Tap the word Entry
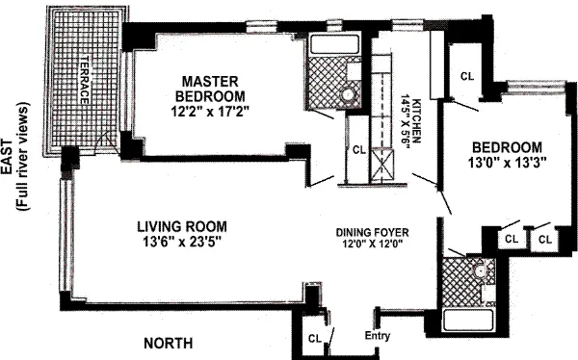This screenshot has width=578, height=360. click(x=378, y=335)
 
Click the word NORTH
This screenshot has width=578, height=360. click(x=169, y=343)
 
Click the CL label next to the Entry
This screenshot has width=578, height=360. click(x=315, y=338)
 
